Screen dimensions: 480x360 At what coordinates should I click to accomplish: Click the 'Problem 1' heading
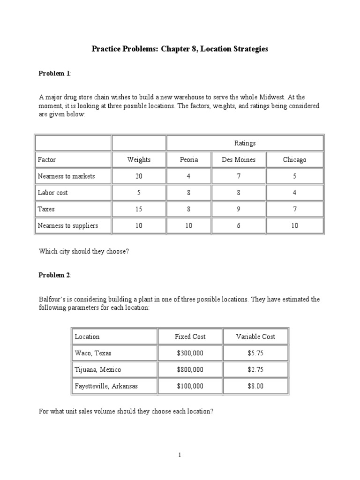click(x=54, y=73)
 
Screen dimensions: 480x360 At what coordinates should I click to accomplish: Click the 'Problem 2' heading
click(x=54, y=275)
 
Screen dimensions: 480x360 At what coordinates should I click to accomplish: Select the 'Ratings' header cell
click(x=245, y=143)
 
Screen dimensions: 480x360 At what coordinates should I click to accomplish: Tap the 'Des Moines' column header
click(x=239, y=160)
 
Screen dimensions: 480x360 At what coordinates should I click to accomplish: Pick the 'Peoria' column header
click(x=189, y=160)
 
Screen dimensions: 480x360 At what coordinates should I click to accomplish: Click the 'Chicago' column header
click(x=294, y=160)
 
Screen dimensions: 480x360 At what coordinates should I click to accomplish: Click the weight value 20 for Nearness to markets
click(x=139, y=176)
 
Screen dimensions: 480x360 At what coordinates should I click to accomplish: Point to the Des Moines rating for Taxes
click(x=239, y=209)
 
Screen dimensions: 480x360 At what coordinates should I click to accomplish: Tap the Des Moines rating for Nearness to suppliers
click(x=239, y=225)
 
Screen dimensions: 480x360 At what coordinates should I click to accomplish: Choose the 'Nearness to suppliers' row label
click(x=68, y=225)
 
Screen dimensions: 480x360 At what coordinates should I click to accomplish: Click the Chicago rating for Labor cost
click(x=294, y=193)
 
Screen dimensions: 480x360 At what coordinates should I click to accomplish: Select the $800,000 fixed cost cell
click(x=190, y=369)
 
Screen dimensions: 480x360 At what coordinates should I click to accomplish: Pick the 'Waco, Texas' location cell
click(x=93, y=353)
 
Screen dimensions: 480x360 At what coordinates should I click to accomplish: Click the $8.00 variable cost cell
click(x=255, y=386)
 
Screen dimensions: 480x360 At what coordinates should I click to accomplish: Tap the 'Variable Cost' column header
click(x=255, y=337)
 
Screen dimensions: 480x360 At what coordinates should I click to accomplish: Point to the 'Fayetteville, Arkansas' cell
click(x=106, y=386)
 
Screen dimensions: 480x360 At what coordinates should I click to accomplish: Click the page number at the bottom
click(x=180, y=455)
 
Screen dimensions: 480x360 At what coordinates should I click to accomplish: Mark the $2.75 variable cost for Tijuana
click(x=255, y=369)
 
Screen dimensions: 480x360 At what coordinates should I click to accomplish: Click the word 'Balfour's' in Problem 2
click(x=52, y=299)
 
